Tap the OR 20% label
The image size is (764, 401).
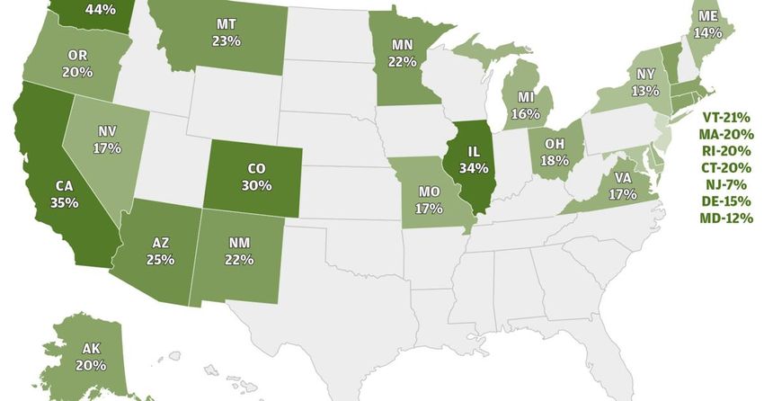click(76, 63)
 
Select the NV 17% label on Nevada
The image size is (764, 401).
click(108, 138)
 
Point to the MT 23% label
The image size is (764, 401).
click(227, 31)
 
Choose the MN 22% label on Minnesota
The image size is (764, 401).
click(402, 51)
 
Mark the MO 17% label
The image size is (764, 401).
click(430, 200)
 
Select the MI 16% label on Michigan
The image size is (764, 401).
click(526, 106)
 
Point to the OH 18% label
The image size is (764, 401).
click(555, 151)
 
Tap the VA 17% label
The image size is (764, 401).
click(616, 184)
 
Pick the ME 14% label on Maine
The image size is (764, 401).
click(707, 23)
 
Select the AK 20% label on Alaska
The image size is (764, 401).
click(91, 357)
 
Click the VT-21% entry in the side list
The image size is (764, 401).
click(724, 117)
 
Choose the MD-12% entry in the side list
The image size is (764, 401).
click(724, 217)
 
